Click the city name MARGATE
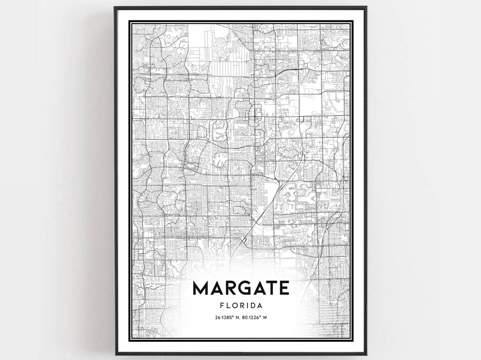click(x=240, y=288)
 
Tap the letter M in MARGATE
click(x=201, y=288)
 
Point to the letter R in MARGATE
click(x=228, y=288)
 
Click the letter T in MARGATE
click(x=270, y=288)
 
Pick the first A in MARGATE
click(x=216, y=288)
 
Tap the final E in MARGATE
click(x=283, y=288)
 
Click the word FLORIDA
click(x=240, y=306)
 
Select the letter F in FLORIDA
click(x=222, y=306)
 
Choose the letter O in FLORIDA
click(x=235, y=306)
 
